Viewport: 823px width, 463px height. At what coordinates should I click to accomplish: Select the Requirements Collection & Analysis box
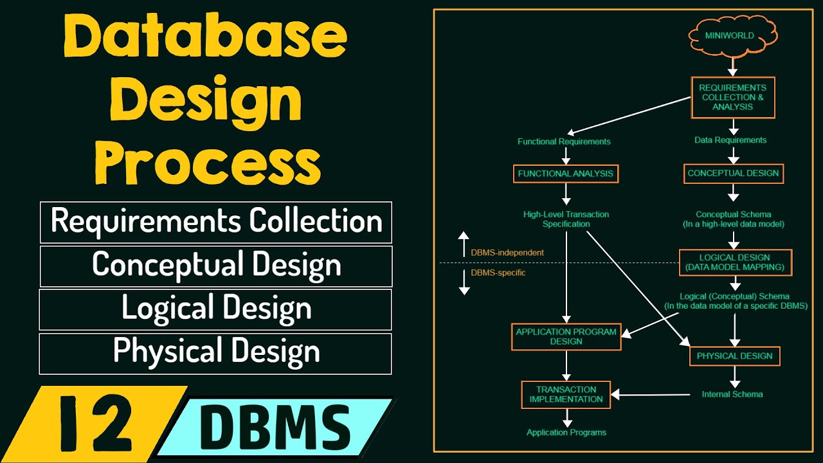click(733, 98)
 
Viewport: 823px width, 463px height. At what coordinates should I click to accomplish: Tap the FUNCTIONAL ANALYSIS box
click(566, 174)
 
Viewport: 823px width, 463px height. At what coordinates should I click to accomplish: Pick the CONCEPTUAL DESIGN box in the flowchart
click(733, 173)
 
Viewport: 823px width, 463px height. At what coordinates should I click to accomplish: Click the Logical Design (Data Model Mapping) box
click(736, 262)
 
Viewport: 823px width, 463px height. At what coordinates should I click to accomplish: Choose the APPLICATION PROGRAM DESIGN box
click(566, 337)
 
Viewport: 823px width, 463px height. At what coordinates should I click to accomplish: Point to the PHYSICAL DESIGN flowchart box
click(734, 356)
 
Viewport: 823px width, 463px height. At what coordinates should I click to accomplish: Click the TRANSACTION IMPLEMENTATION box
click(566, 394)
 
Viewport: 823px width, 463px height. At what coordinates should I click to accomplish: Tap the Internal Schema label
click(732, 394)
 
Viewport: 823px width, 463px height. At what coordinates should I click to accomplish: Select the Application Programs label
click(566, 433)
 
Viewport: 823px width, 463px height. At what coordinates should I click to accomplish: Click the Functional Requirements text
click(564, 141)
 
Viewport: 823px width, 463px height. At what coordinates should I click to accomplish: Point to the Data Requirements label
click(730, 140)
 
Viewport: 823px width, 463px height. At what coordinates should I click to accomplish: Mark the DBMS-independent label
click(507, 253)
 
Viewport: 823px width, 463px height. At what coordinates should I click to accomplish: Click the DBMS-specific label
click(498, 273)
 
